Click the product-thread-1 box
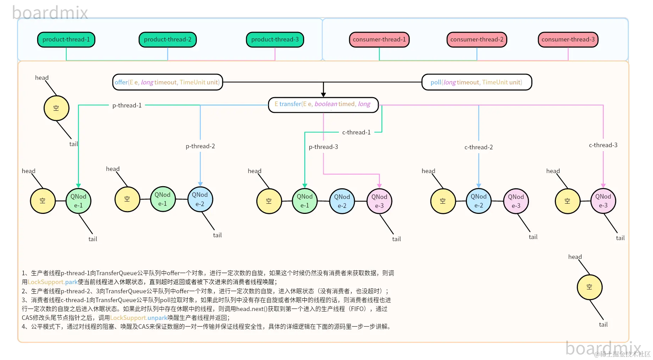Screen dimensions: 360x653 [66, 39]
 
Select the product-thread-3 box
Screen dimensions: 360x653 [275, 39]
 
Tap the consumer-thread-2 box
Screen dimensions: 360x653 [476, 39]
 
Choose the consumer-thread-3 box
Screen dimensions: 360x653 [568, 39]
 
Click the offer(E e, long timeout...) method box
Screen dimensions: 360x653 [167, 82]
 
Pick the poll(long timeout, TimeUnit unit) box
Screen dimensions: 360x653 [476, 82]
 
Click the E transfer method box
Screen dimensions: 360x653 [323, 104]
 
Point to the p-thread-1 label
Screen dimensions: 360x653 [127, 105]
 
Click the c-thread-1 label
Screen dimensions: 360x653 [356, 132]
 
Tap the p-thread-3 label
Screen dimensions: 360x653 [323, 147]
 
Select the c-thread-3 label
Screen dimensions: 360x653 [603, 145]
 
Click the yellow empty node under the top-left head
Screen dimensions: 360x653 [56, 108]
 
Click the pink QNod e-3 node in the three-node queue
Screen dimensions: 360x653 [379, 201]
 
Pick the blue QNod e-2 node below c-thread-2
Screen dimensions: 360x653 [479, 201]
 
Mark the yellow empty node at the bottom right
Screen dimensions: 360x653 [589, 287]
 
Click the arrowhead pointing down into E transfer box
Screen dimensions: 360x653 [323, 94]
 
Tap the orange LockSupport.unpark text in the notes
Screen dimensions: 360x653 [139, 318]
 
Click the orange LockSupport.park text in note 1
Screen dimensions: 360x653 [52, 282]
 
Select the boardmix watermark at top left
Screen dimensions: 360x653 [50, 13]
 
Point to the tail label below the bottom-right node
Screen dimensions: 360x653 [603, 325]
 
